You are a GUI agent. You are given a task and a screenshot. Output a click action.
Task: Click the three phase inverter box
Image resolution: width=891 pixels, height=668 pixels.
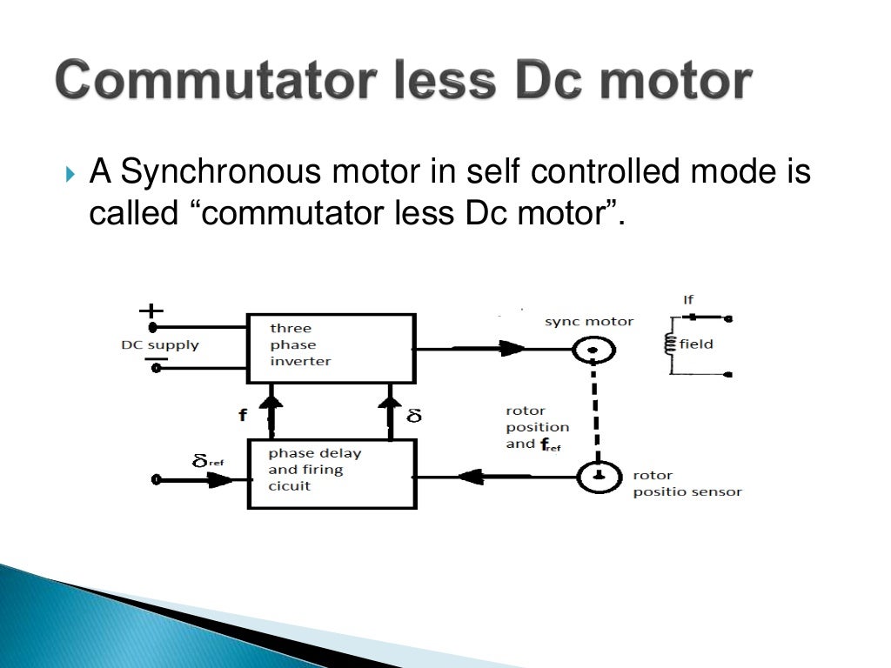click(331, 348)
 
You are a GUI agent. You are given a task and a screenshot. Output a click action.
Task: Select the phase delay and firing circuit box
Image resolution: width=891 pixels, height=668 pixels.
click(331, 473)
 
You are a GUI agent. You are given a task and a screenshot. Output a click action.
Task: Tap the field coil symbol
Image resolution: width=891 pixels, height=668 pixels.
click(669, 344)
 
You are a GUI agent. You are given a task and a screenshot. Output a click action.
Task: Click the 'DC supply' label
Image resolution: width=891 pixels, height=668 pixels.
click(159, 345)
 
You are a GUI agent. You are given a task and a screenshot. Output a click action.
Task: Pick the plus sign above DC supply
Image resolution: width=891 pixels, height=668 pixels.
click(151, 310)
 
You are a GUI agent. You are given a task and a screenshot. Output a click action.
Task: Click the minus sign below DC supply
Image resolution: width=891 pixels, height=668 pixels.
click(156, 358)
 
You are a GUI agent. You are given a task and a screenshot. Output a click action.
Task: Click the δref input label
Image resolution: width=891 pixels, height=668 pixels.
click(207, 460)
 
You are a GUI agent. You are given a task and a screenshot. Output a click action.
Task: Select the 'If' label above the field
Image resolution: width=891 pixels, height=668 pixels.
click(688, 300)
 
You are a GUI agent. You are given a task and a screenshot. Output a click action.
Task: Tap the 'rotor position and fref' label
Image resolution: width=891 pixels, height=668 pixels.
click(537, 427)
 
